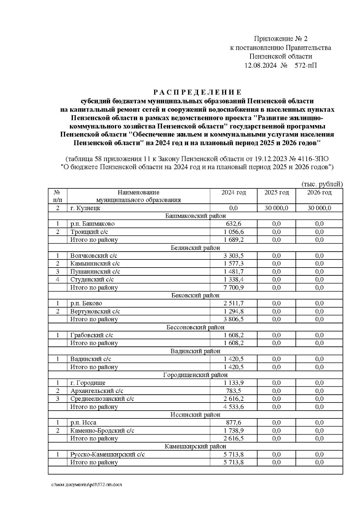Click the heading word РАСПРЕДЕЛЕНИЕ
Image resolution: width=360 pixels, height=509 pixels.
tap(197, 92)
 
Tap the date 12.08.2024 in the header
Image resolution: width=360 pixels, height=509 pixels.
tap(261, 65)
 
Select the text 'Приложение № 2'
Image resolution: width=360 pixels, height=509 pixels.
tap(280, 39)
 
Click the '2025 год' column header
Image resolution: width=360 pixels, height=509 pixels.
tap(276, 193)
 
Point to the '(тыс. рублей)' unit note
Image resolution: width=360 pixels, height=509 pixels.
tap(322, 184)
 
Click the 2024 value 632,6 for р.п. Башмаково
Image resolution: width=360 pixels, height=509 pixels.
tap(233, 224)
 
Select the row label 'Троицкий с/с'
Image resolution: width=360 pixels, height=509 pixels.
tap(89, 232)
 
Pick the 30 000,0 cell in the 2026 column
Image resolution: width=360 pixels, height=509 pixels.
tap(319, 208)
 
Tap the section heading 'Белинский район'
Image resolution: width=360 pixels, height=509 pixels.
tap(195, 248)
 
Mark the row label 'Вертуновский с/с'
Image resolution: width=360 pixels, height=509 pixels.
tap(95, 311)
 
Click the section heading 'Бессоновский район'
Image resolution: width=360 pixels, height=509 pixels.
tap(195, 327)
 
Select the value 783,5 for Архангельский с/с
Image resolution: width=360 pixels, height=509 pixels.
tap(233, 391)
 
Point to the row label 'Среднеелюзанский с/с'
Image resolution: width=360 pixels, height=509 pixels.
tap(102, 399)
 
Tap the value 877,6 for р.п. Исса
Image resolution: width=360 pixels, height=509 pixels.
tap(233, 423)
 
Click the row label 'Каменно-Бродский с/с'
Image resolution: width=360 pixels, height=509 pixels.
tap(102, 431)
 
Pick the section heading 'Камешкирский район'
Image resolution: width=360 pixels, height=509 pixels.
tap(195, 447)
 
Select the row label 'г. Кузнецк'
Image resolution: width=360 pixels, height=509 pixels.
tap(85, 208)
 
